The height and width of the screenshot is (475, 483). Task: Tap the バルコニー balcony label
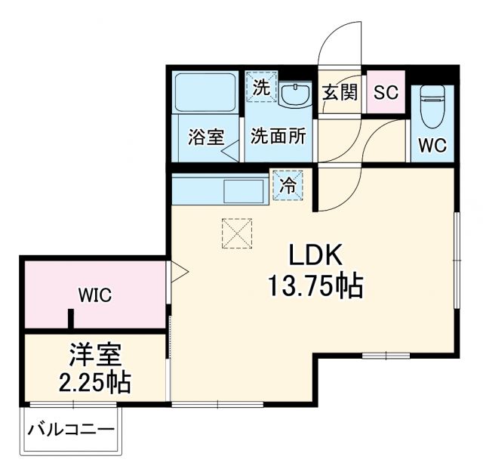pos(72,430)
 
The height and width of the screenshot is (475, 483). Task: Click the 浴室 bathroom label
pos(205,137)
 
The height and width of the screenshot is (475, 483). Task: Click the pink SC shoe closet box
pos(386,93)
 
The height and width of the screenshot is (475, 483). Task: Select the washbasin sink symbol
pos(295,94)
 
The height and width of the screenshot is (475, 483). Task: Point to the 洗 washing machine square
pos(260,87)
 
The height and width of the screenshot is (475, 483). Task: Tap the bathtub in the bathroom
pos(205,92)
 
